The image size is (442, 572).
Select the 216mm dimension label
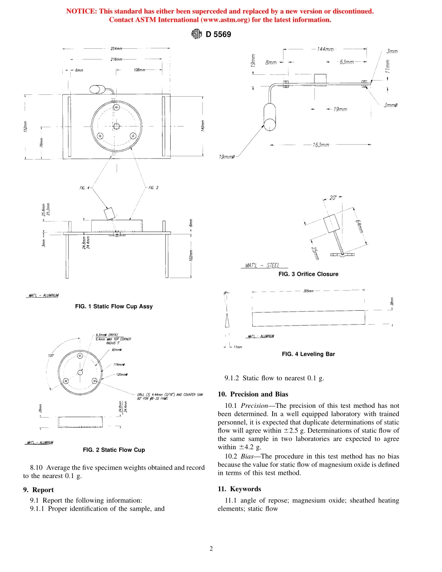(116, 60)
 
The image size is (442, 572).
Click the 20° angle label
(333, 198)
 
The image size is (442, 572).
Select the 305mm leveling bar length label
(308, 291)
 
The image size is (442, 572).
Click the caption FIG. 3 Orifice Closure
(308, 274)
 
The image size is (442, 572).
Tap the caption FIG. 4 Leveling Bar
(308, 354)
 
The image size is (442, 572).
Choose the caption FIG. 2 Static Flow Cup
(114, 450)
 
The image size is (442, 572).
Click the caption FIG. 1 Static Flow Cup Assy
(114, 306)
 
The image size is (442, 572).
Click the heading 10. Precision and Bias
(253, 394)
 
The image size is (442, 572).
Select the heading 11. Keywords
(239, 489)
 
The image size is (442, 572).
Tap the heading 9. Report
(38, 490)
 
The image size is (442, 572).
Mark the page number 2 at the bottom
(211, 549)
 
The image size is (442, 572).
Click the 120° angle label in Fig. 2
(50, 355)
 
